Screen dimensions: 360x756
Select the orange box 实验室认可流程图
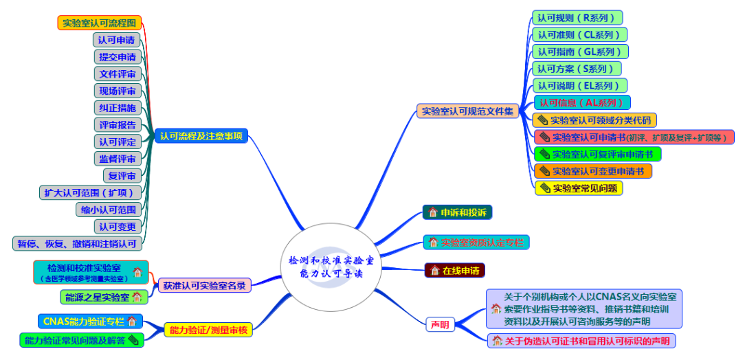click(x=99, y=23)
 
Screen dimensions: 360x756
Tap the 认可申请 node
click(x=117, y=40)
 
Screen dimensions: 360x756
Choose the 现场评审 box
click(x=118, y=91)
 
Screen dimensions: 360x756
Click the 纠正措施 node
click(x=118, y=108)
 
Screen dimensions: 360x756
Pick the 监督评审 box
click(x=118, y=159)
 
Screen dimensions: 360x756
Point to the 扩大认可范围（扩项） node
click(x=89, y=192)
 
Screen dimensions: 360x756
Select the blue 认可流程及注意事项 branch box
click(x=201, y=136)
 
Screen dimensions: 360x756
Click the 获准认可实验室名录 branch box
click(x=204, y=284)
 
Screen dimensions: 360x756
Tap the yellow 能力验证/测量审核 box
click(x=208, y=330)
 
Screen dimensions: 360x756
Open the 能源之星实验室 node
click(x=103, y=297)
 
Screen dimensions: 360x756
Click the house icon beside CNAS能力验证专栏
click(x=132, y=321)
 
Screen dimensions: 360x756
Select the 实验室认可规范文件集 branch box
click(x=467, y=111)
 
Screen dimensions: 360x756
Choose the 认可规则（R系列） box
click(x=577, y=18)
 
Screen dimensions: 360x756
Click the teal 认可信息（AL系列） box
click(x=581, y=102)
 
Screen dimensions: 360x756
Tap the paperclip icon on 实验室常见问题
click(x=546, y=188)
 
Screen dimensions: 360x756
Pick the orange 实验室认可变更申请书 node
click(x=592, y=171)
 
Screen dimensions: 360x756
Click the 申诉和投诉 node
click(x=457, y=212)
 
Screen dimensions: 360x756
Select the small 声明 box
click(x=440, y=324)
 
